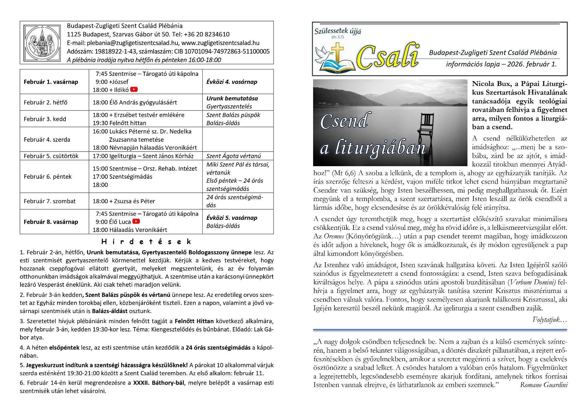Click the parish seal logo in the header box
[x=42, y=43]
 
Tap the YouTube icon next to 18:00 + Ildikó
[x=134, y=89]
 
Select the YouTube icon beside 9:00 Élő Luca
[x=136, y=221]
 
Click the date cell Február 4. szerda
[x=47, y=140]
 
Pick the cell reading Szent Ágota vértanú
[x=233, y=156]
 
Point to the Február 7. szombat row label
[x=50, y=201]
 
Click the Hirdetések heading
[x=146, y=242]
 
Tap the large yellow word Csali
[x=388, y=57]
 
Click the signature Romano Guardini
[x=544, y=385]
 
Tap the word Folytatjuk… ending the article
[x=549, y=320]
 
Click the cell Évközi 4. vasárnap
[x=231, y=82]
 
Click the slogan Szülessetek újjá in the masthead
[x=338, y=31]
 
